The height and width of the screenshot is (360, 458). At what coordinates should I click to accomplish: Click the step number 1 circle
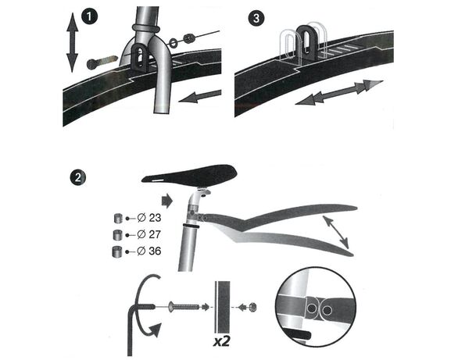[89, 17]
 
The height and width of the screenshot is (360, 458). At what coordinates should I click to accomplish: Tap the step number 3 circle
[256, 18]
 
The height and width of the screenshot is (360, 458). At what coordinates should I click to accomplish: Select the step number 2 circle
[77, 177]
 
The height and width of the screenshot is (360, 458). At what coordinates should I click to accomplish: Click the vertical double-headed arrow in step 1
[73, 43]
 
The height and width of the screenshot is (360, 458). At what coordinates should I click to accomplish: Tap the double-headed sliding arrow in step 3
[339, 92]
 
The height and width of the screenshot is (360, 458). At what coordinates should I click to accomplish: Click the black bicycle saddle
[190, 174]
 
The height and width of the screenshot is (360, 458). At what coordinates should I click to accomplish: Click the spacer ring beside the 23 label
[118, 218]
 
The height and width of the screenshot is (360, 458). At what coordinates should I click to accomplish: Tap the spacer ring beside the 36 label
[117, 251]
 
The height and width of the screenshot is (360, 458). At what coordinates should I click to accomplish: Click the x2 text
[221, 341]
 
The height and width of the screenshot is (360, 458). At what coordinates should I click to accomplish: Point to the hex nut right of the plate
[252, 307]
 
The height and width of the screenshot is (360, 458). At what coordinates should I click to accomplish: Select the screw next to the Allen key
[184, 307]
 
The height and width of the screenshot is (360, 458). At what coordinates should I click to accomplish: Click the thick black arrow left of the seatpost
[166, 201]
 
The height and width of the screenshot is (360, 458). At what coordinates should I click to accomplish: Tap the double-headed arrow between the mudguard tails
[335, 232]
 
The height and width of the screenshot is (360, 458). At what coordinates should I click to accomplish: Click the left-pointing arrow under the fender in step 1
[200, 97]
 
